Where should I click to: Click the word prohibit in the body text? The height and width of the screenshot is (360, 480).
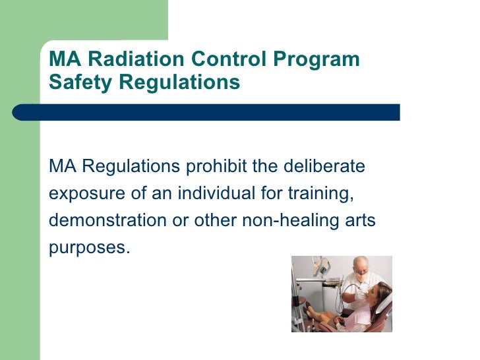[215, 167]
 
